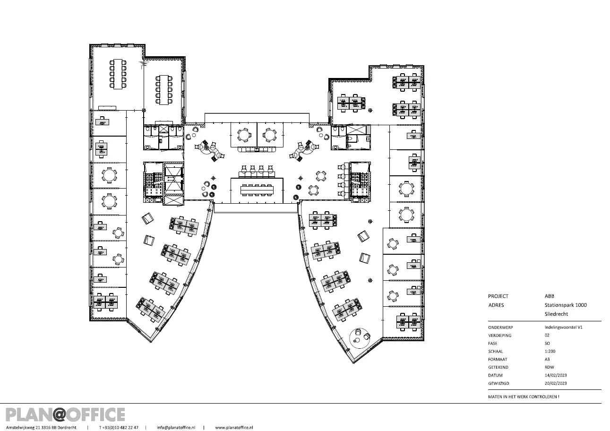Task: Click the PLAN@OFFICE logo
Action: point(65,414)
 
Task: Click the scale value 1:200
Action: point(550,351)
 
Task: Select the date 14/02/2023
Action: point(556,375)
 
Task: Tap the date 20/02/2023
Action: point(556,383)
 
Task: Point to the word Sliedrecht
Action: point(556,314)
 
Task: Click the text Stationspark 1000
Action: point(566,305)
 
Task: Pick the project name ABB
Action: point(549,296)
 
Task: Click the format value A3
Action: point(547,359)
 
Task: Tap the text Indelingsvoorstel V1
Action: point(563,327)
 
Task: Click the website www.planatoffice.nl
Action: point(234,428)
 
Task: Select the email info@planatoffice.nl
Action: point(176,428)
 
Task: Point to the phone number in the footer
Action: point(119,428)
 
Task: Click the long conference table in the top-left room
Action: point(118,74)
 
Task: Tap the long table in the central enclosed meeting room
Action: point(257,190)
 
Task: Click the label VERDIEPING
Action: point(500,336)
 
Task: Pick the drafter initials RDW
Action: point(549,367)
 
